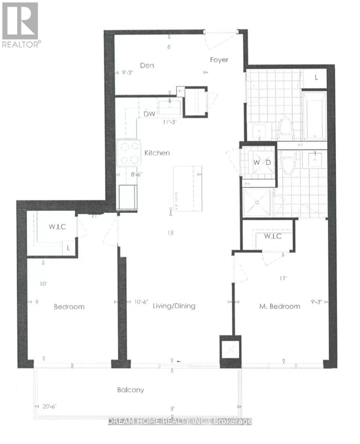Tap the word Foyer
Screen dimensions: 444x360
[219, 60]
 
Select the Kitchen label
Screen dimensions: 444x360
[157, 153]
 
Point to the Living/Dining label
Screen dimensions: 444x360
[174, 306]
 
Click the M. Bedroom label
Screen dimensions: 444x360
[280, 306]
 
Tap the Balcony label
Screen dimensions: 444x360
[129, 390]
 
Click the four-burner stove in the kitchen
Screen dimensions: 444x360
[128, 153]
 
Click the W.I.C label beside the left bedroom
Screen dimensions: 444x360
[58, 227]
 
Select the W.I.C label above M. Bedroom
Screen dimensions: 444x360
[273, 237]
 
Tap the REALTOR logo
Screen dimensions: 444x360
[21, 25]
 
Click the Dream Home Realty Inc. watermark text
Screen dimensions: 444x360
[180, 421]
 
